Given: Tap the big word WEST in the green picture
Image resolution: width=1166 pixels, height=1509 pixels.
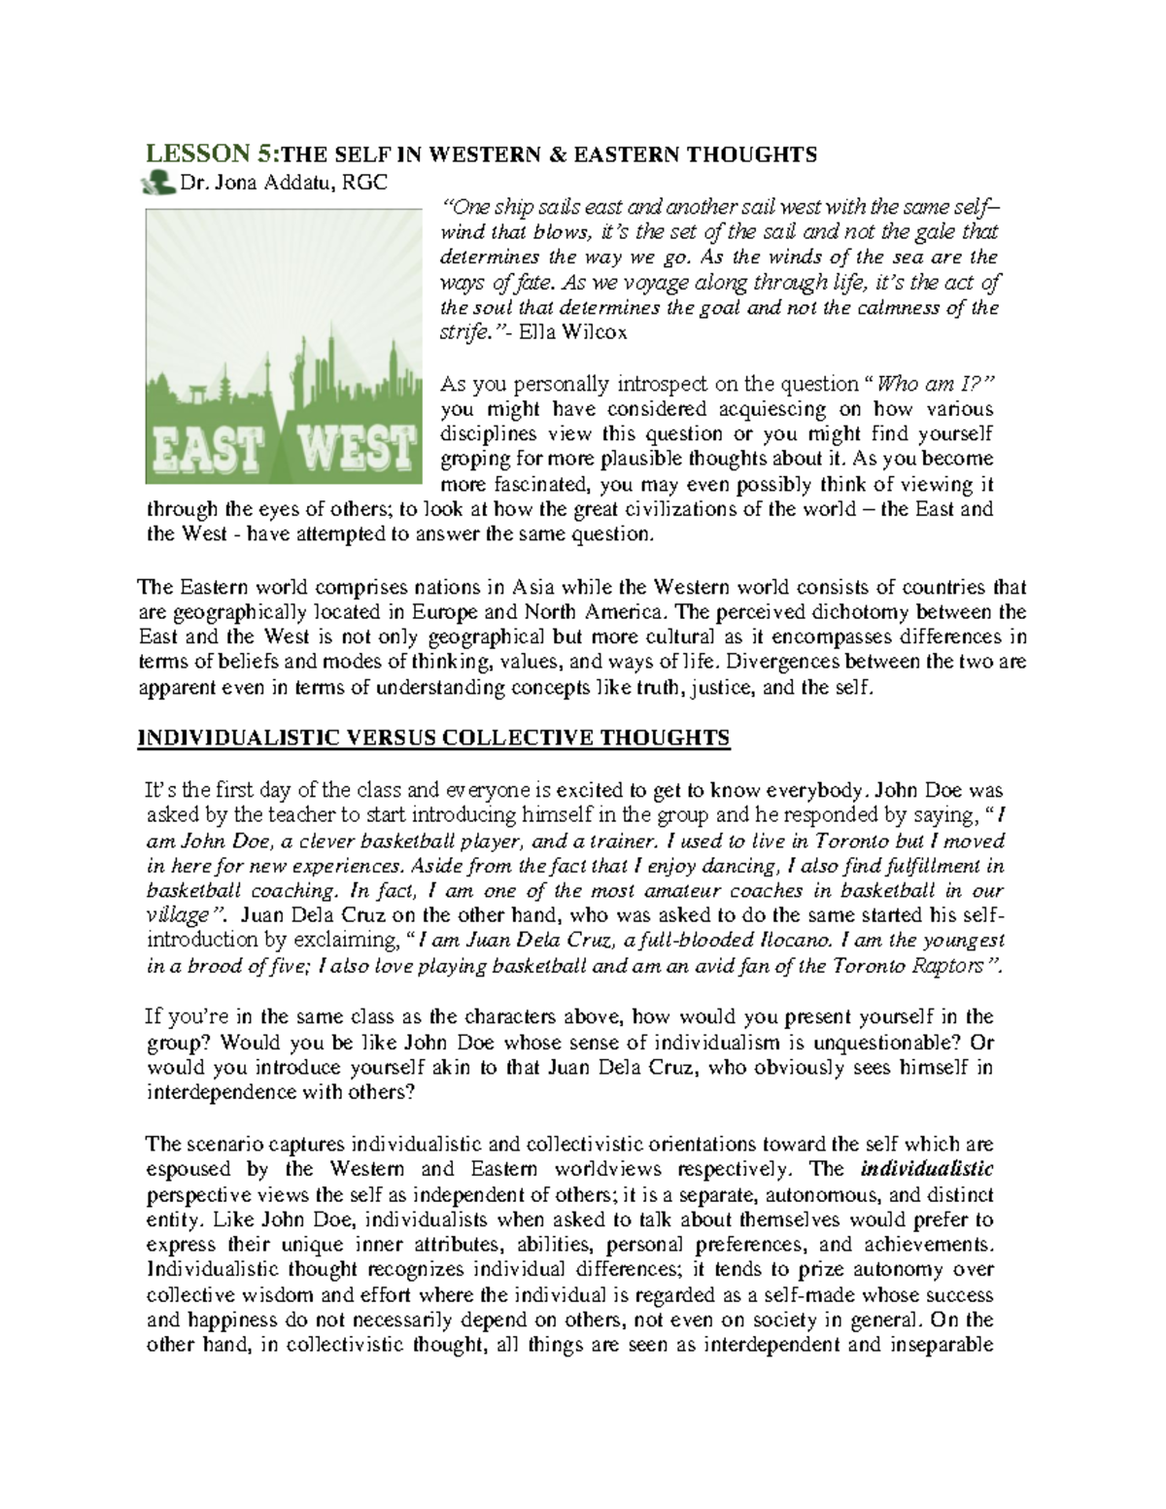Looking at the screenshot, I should click(356, 449).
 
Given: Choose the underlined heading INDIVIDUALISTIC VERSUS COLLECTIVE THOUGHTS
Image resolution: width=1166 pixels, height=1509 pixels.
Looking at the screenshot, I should click(433, 738).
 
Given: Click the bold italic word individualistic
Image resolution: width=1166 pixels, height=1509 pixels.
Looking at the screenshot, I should click(929, 1169).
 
